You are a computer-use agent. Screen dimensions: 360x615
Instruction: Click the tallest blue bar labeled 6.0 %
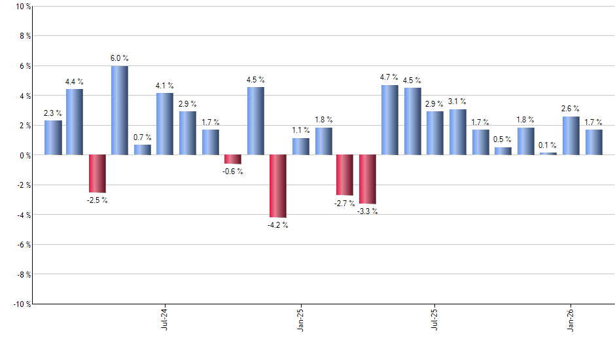pos(119,110)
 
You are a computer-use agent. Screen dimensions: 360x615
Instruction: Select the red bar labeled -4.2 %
pos(277,186)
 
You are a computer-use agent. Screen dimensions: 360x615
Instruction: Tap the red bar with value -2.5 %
pos(97,173)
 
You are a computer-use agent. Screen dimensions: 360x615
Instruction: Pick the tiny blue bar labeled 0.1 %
pos(548,153)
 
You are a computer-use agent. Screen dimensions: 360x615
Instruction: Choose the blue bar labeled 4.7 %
pos(389,120)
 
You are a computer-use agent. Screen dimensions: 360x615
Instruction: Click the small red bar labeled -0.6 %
pos(232,159)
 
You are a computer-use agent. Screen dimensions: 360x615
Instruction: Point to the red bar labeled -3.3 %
pos(367,179)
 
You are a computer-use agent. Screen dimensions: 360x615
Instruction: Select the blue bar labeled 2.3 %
pos(53,137)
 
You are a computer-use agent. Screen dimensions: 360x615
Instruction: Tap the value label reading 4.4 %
pos(75,82)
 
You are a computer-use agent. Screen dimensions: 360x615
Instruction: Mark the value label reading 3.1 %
pos(457,101)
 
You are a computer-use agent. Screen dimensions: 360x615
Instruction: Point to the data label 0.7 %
pos(143,137)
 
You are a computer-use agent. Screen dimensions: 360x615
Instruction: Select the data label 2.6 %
pos(571,109)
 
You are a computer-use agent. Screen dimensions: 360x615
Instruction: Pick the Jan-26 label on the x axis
pos(571,319)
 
